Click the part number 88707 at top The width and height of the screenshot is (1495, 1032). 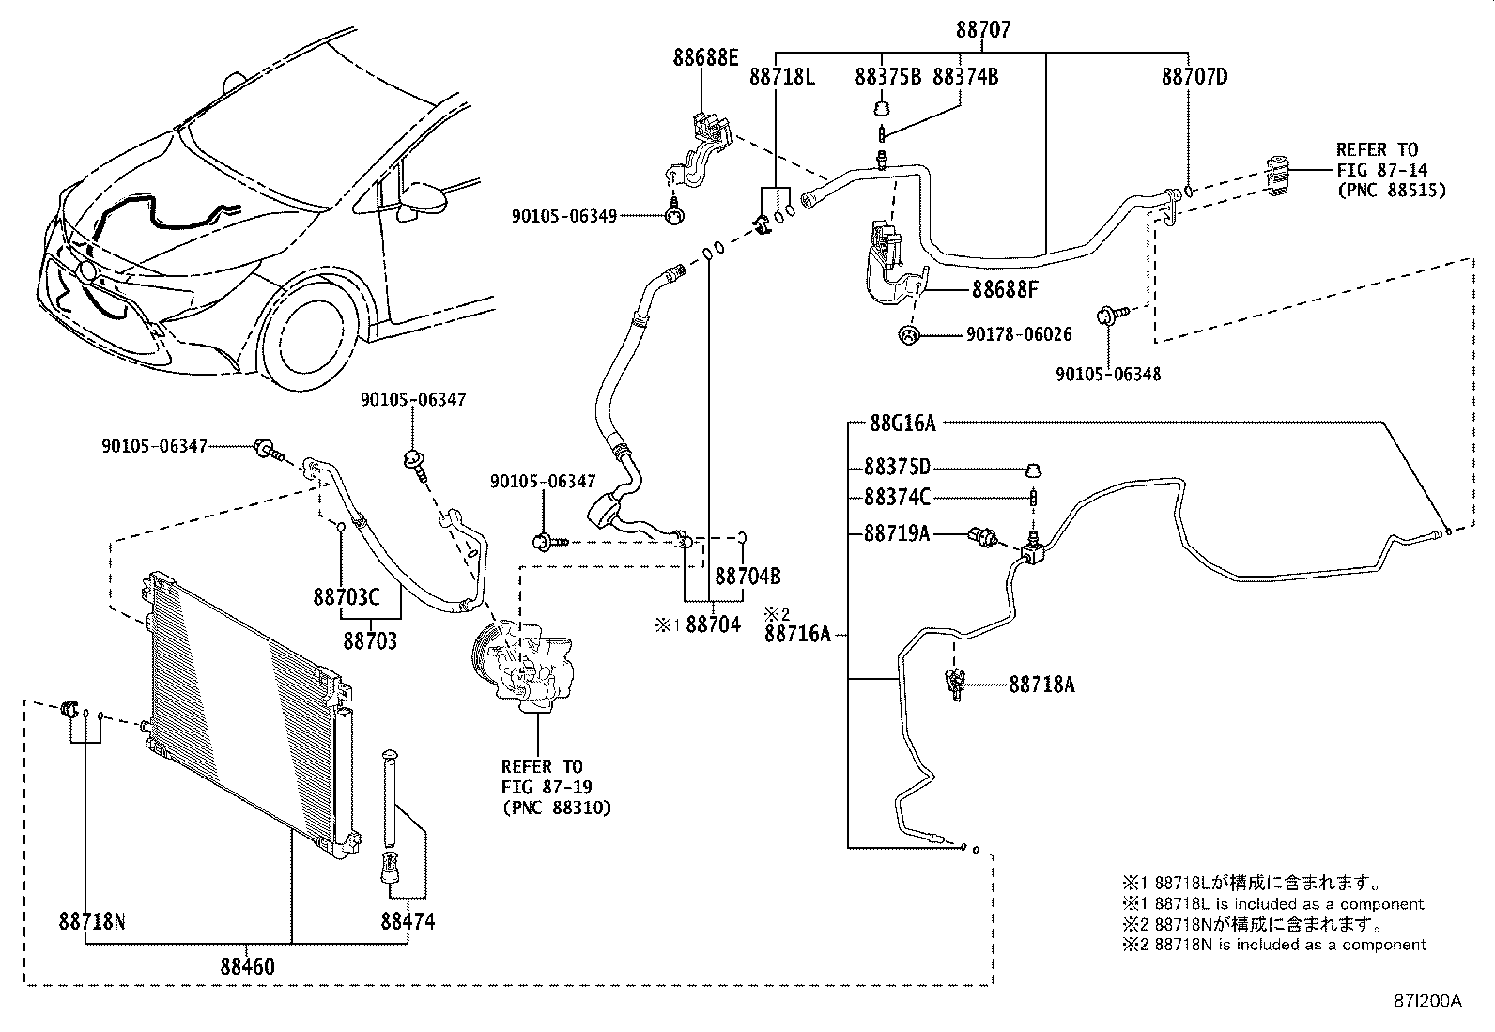click(983, 30)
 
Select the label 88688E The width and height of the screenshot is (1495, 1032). click(704, 57)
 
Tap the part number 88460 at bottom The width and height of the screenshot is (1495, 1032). click(248, 965)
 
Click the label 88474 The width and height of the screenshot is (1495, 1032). click(408, 921)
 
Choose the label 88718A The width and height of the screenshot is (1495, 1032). click(1041, 685)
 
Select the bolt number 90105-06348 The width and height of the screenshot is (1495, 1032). click(1108, 374)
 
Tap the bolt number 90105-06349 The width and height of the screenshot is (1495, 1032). click(564, 216)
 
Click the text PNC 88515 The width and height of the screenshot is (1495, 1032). click(1391, 190)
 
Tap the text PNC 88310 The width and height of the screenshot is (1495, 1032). click(556, 807)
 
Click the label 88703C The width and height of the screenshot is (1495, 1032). click(347, 597)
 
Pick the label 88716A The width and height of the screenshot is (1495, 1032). click(797, 634)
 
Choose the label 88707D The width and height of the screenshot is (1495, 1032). click(1194, 77)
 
